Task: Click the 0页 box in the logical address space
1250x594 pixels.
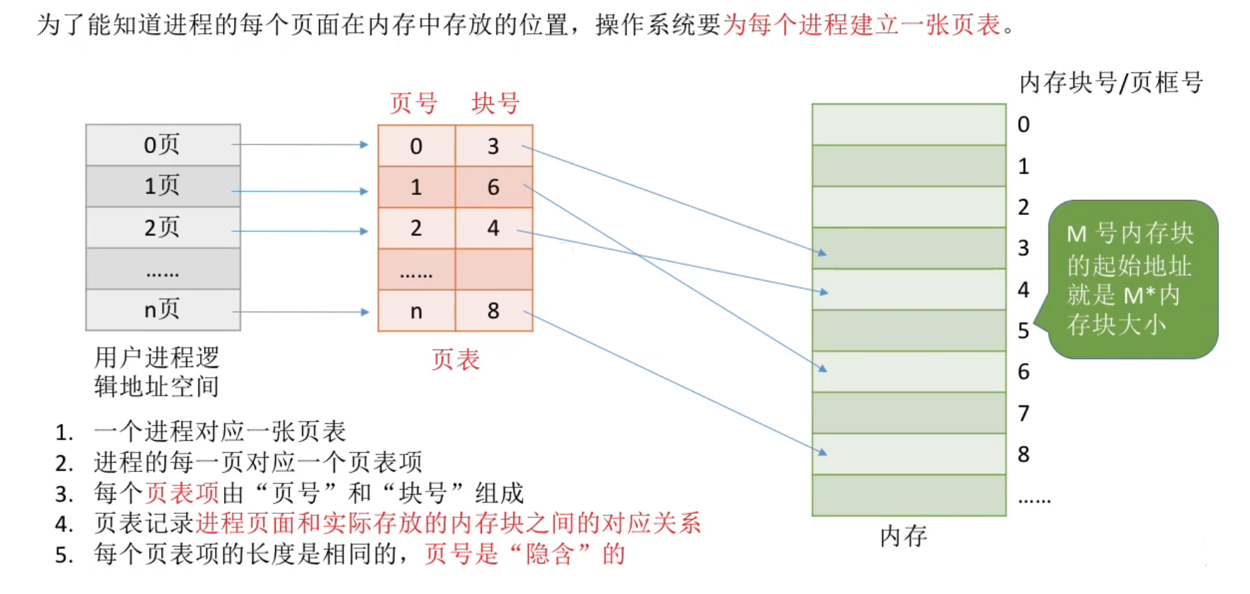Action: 163,145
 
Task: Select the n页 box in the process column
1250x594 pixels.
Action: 163,310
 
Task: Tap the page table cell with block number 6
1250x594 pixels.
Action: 493,187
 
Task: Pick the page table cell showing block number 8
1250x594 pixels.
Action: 493,310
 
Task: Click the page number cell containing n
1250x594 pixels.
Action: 416,310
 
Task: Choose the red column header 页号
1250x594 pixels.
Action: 413,103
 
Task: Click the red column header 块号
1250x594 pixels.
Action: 496,103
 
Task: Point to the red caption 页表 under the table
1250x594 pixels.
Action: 455,360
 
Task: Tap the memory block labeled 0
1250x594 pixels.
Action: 908,125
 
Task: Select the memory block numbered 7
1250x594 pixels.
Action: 908,413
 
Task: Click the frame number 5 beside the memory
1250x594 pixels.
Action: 1023,331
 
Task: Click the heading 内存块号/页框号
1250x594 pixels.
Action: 1110,83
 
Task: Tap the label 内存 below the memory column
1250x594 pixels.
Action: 903,536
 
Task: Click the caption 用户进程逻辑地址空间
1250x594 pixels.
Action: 157,372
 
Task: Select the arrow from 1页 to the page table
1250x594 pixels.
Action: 300,191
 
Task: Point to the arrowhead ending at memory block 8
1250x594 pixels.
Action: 822,452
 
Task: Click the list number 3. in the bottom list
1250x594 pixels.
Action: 64,493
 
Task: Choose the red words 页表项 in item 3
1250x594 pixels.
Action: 183,493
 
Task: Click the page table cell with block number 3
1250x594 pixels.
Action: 493,146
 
